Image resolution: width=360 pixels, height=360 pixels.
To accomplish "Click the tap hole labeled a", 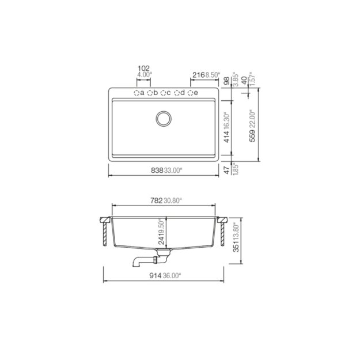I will [137, 93].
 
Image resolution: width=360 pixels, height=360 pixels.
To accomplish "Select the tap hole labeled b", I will [150, 93].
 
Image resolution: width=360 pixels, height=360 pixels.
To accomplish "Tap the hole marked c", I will [164, 93].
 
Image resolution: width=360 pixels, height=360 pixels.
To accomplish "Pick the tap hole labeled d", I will [177, 93].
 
